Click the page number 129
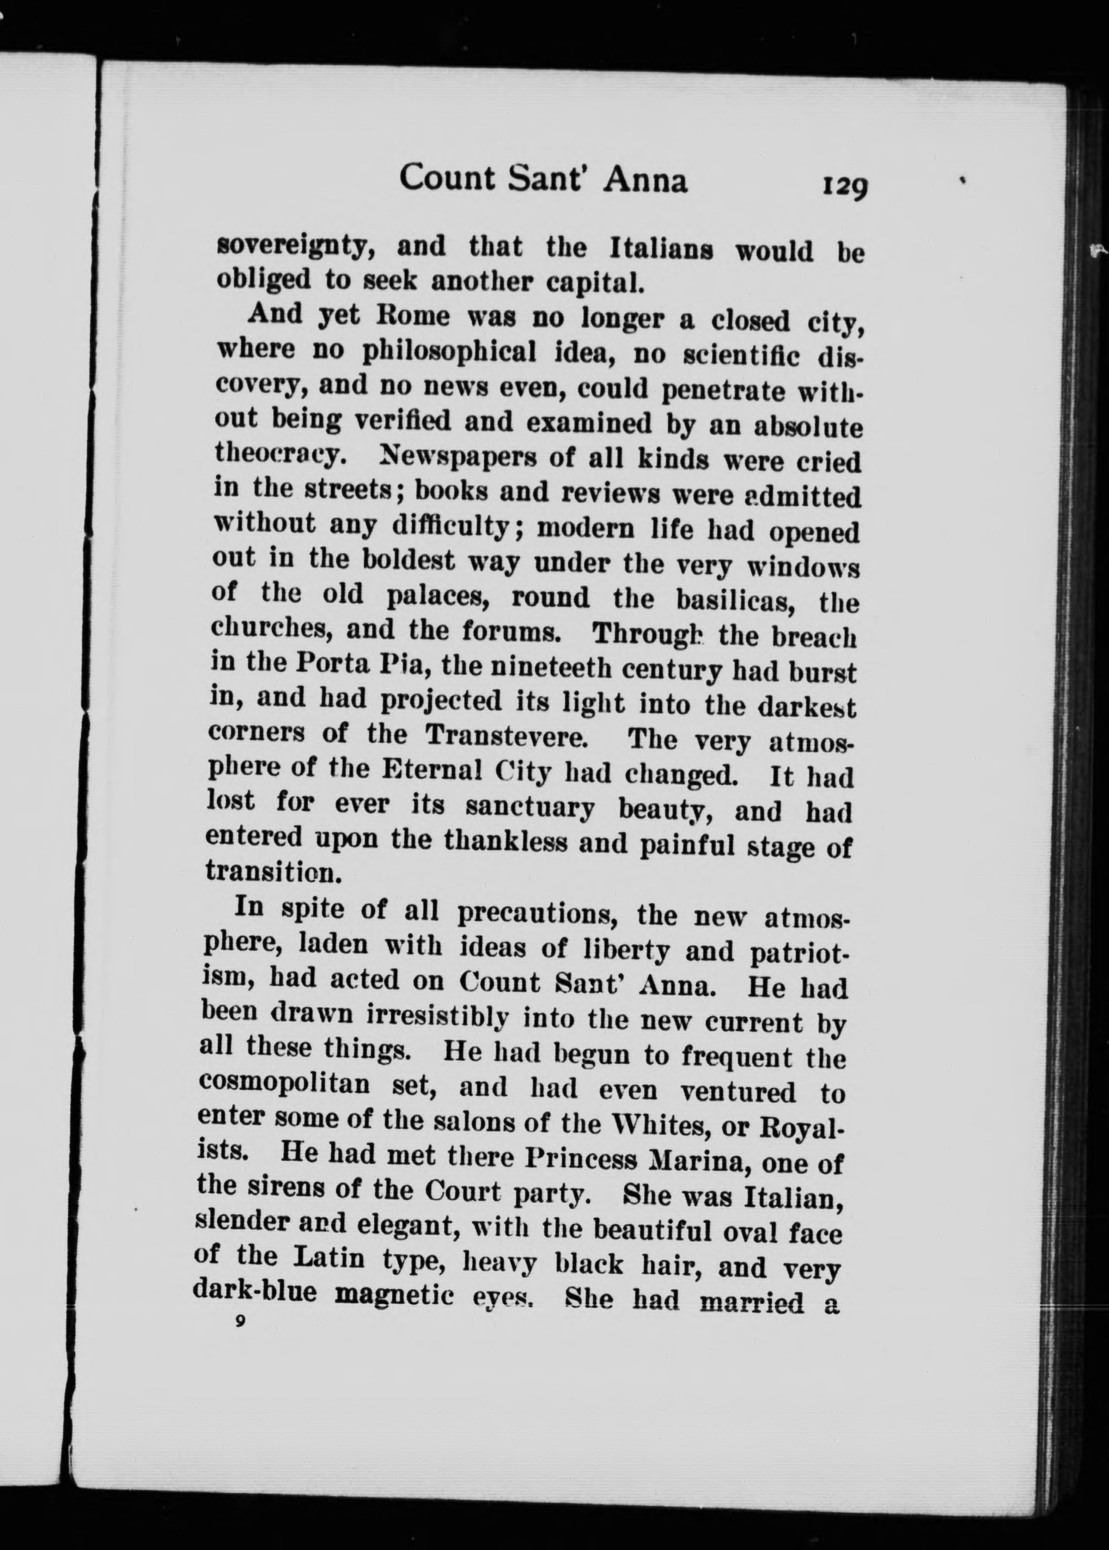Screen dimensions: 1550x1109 pos(845,186)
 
